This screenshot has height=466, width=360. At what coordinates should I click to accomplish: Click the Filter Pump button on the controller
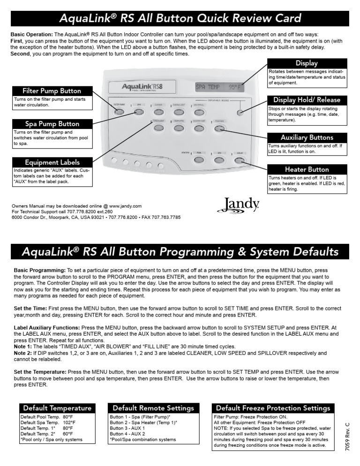coord(119,112)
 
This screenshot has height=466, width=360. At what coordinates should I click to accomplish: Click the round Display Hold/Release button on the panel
coord(240,113)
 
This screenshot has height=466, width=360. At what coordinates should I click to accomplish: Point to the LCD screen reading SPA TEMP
coord(218,87)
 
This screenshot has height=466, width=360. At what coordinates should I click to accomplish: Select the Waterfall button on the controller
coord(199,112)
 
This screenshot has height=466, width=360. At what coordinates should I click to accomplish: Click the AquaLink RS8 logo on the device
coord(142,87)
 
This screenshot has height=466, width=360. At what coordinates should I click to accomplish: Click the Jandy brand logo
coord(239,204)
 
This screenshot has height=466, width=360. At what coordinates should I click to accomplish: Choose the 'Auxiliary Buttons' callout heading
coord(307,138)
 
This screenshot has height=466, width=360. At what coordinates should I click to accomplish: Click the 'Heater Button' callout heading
coord(307,169)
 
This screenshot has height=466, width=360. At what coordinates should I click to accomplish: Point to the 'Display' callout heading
coord(307,63)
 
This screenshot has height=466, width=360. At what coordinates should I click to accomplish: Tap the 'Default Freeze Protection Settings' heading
coord(277,408)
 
